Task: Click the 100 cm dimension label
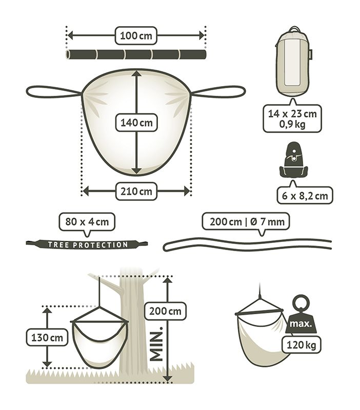tap(136, 35)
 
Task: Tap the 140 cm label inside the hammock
tap(136, 122)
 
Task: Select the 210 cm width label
tap(136, 191)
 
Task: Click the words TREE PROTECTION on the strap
tap(88, 245)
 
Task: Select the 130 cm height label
tap(47, 338)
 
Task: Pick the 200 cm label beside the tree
tap(165, 311)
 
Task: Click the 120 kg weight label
tap(301, 345)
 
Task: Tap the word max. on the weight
tap(301, 324)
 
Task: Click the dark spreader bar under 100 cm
tap(136, 54)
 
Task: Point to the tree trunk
tap(134, 327)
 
